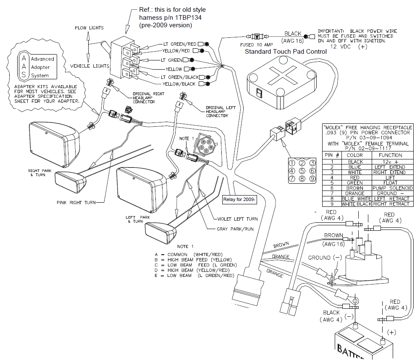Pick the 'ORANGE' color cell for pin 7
click(x=354, y=193)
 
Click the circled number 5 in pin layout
click(x=300, y=171)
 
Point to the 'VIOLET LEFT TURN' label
click(x=237, y=219)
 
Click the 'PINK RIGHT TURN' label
click(x=76, y=203)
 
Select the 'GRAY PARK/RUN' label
click(x=236, y=229)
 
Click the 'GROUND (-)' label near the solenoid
click(x=325, y=258)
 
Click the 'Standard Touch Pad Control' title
click(x=286, y=52)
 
